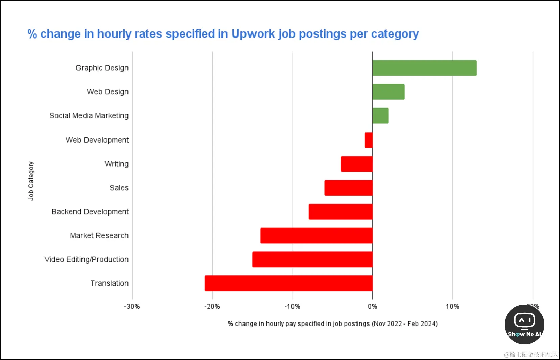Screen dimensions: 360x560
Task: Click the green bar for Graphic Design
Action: tap(424, 68)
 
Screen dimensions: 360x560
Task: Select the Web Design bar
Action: tap(388, 92)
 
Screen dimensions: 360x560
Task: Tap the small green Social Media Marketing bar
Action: tap(380, 116)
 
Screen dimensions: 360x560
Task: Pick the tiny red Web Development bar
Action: tap(369, 140)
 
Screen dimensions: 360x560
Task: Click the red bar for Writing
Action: tap(356, 164)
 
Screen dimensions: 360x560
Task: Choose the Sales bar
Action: tap(348, 188)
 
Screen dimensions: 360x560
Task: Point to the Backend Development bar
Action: tap(340, 212)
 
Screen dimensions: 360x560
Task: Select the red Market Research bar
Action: tap(316, 236)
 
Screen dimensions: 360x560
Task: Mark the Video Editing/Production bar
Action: tap(312, 260)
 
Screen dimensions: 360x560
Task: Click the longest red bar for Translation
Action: tap(288, 283)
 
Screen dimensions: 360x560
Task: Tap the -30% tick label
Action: tap(132, 307)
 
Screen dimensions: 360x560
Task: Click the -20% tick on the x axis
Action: tap(212, 307)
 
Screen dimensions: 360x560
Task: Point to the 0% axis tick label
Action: tap(372, 307)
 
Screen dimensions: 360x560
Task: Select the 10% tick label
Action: tap(452, 307)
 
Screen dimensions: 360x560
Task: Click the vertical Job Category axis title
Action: tap(31, 181)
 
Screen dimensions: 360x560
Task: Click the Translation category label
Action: tap(109, 283)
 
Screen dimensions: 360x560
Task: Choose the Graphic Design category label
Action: tap(102, 68)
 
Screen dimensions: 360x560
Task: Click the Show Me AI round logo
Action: tap(524, 325)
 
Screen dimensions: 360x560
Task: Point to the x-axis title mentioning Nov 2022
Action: tap(332, 324)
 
